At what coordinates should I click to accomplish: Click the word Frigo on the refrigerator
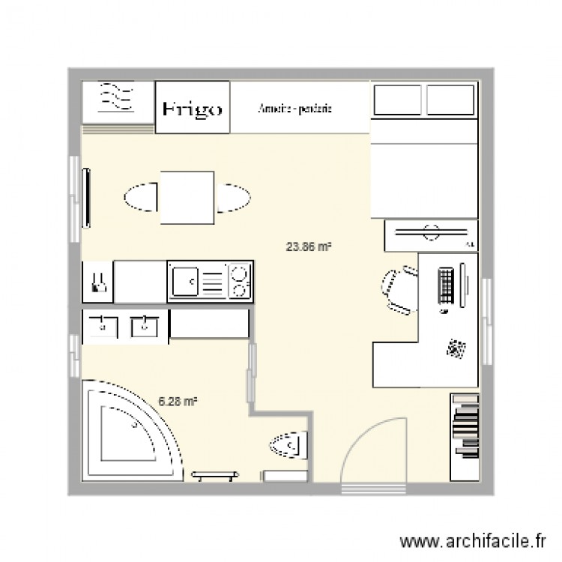tap(193, 109)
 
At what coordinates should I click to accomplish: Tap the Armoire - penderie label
tap(294, 109)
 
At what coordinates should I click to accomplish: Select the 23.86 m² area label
tap(309, 245)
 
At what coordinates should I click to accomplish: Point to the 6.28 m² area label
tap(178, 402)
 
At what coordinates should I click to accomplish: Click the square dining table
tap(187, 198)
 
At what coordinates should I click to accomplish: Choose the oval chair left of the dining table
tap(141, 198)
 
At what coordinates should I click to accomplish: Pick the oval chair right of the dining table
tap(233, 198)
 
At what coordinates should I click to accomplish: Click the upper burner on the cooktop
tap(239, 273)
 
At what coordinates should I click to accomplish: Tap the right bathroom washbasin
tap(143, 326)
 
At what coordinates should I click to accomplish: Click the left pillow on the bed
tap(398, 100)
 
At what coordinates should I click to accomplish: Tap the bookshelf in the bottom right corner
tap(464, 435)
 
